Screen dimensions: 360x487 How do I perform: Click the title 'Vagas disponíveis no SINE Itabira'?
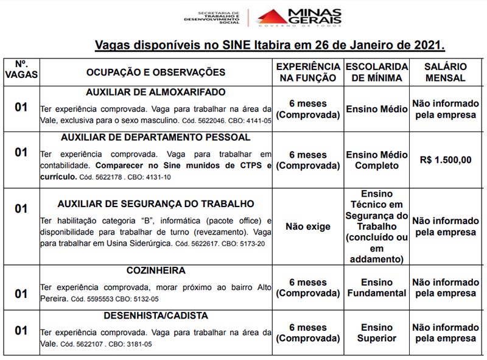(270, 45)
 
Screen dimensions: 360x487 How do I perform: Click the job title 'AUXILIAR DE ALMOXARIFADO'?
(156, 93)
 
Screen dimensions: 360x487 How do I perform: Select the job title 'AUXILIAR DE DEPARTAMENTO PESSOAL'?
(156, 137)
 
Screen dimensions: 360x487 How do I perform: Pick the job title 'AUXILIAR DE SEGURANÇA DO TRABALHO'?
(156, 204)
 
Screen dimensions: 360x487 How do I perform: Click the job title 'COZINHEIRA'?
(156, 270)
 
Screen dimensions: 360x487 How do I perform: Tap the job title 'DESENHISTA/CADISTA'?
(156, 316)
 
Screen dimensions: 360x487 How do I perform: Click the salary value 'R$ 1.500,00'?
(446, 160)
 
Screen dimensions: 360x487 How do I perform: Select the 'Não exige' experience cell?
(308, 227)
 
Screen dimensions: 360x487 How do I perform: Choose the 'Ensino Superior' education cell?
(377, 333)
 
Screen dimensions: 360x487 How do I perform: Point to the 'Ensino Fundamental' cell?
(377, 288)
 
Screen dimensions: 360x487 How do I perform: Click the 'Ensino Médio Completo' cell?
(377, 160)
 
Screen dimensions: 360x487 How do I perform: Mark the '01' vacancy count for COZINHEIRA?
(21, 294)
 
